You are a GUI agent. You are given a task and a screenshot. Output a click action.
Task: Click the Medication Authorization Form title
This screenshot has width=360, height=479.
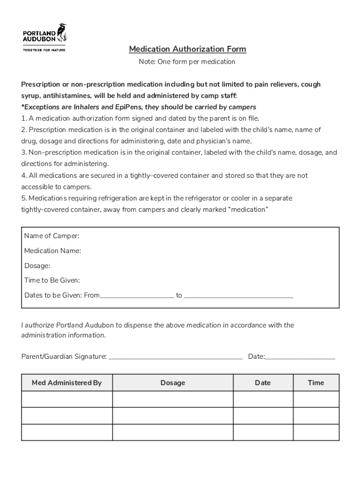click(x=187, y=49)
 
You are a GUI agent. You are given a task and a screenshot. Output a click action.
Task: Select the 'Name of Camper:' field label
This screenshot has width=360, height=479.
click(x=51, y=236)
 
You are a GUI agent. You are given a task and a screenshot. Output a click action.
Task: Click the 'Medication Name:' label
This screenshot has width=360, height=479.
click(x=52, y=251)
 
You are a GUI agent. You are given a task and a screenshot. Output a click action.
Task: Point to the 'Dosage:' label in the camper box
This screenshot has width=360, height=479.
click(x=37, y=266)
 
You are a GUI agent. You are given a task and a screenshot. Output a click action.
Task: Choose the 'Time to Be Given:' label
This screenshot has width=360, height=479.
click(x=52, y=281)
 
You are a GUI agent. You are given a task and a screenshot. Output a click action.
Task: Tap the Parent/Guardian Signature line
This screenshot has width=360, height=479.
click(x=175, y=357)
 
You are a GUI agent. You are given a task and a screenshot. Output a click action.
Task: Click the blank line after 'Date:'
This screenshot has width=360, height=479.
click(x=300, y=357)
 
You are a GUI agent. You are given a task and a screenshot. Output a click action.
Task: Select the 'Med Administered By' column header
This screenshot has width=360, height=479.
click(x=66, y=383)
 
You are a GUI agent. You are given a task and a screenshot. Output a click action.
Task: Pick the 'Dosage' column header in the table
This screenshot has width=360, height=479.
click(x=173, y=383)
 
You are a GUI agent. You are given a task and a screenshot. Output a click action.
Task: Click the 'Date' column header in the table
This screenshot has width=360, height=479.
click(x=263, y=383)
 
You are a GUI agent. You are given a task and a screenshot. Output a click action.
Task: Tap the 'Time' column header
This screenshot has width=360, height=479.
click(x=316, y=383)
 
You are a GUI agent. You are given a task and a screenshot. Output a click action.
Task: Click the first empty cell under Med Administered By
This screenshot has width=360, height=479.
click(x=66, y=399)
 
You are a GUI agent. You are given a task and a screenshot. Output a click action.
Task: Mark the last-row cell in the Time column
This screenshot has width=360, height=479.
click(x=316, y=432)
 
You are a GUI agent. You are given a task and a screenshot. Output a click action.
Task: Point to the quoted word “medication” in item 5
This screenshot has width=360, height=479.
click(x=247, y=210)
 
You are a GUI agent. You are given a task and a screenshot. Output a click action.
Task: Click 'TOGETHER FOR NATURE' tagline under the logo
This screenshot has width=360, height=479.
click(x=44, y=50)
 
